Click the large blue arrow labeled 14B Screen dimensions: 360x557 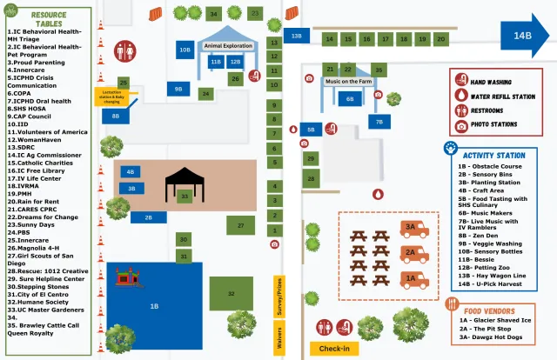point(520,36)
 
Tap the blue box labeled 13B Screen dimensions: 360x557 point(297,36)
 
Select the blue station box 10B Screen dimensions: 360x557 point(185,50)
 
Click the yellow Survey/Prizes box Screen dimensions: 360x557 point(279,296)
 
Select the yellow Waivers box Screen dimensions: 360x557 point(279,338)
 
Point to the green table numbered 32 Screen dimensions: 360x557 point(232,293)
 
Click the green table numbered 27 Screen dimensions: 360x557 point(240,224)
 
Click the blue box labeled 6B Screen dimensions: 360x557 point(350,99)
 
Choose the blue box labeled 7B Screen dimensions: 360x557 point(379,122)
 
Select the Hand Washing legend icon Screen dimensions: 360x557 point(460,80)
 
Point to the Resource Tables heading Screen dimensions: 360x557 point(48,20)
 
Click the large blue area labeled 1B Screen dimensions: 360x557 point(154,305)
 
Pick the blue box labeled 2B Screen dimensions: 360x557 point(149,217)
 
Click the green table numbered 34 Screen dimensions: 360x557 point(214,14)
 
